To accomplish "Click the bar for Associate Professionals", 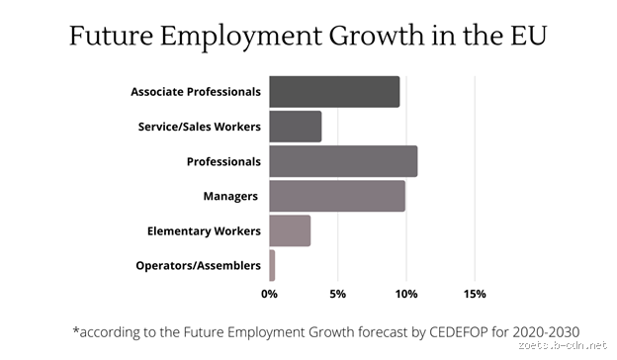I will pyautogui.click(x=334, y=92).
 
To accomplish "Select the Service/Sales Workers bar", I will pyautogui.click(x=295, y=127).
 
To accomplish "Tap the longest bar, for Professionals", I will pyautogui.click(x=342, y=161).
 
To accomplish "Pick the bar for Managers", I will pyautogui.click(x=336, y=196).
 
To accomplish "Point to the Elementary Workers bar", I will pyautogui.click(x=290, y=230).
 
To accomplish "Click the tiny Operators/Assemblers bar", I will pyautogui.click(x=272, y=265).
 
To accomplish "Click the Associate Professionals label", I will pyautogui.click(x=196, y=92).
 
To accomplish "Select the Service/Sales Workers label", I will pyautogui.click(x=200, y=127).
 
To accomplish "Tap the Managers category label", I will pyautogui.click(x=231, y=196).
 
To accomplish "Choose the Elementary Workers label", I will pyautogui.click(x=204, y=230).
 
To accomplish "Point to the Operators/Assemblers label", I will pyautogui.click(x=198, y=265).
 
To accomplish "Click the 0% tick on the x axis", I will pyautogui.click(x=269, y=294).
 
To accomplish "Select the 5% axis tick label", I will pyautogui.click(x=337, y=294).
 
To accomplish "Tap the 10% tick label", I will pyautogui.click(x=405, y=294).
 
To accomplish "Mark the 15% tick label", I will pyautogui.click(x=475, y=294).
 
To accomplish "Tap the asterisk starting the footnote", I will pyautogui.click(x=75, y=328).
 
